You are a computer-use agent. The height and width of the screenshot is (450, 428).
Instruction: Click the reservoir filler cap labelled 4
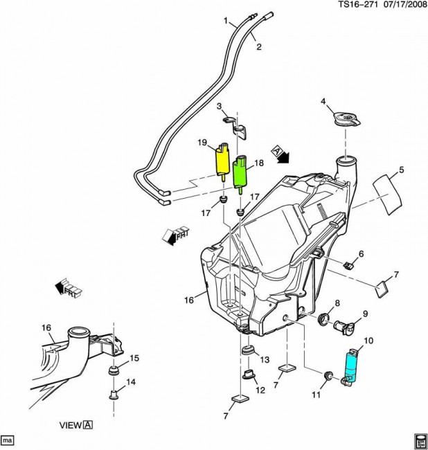coord(344,119)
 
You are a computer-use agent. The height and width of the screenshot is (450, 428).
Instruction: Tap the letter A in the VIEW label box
coord(88,425)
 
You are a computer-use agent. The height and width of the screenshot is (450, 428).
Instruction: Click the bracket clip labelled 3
coord(236,125)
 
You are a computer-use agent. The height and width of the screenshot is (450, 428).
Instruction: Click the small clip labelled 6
coord(350,263)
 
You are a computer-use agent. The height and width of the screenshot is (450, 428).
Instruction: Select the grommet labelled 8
coord(323,320)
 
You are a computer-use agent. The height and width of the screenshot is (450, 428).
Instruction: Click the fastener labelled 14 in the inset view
coord(112,396)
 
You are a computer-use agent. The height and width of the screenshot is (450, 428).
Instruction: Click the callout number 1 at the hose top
coord(225,21)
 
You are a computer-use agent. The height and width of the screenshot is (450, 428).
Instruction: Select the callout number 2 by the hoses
coord(259,47)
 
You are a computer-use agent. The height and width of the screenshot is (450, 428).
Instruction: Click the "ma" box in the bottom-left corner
coord(8,439)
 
